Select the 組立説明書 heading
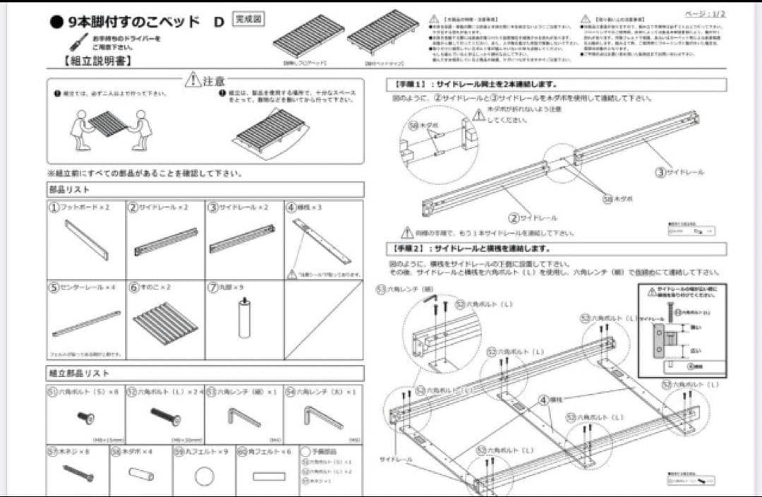click(x=98, y=61)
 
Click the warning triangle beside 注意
click(x=192, y=80)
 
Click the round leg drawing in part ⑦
click(x=244, y=317)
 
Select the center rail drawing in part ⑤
click(x=86, y=324)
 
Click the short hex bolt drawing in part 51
click(x=86, y=418)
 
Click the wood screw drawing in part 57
click(x=78, y=474)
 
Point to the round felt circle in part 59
click(x=204, y=477)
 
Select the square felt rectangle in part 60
click(x=268, y=476)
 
